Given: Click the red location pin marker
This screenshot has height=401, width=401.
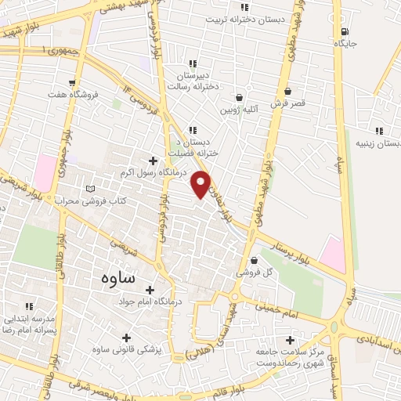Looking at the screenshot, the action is coord(202,183).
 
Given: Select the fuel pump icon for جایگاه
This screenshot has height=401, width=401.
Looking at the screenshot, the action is coord(345,33).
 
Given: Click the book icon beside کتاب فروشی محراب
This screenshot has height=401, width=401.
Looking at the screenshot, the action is coord(91,190).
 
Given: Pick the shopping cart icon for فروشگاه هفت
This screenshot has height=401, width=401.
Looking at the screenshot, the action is coord(72,82).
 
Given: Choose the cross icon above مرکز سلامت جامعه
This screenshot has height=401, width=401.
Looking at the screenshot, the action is coord(291,341).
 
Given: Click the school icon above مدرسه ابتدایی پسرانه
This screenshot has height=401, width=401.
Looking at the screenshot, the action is coord(29,306).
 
